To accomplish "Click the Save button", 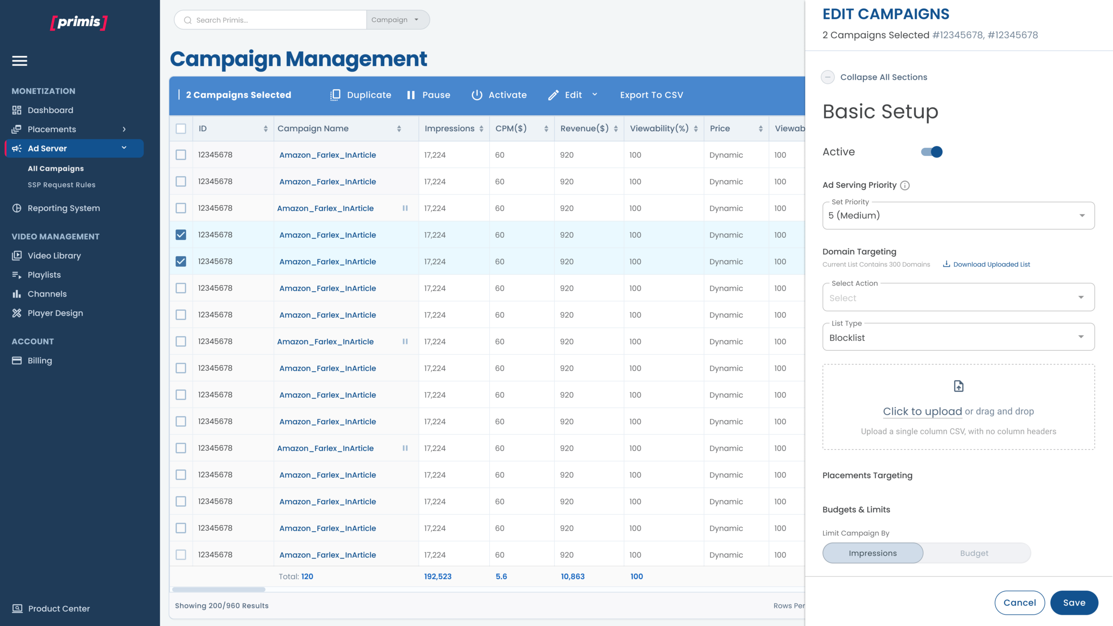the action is click(1074, 603).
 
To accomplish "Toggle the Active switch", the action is click(931, 152).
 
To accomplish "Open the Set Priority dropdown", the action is click(958, 216).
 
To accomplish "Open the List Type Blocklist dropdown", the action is click(958, 337).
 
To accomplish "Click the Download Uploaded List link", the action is click(986, 264).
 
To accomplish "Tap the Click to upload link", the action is click(922, 411).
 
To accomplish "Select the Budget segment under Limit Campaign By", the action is click(974, 553).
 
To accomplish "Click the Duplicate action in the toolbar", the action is click(361, 95).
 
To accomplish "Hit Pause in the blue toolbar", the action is click(429, 95).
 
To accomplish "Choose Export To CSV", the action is click(651, 95).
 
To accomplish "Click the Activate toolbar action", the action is click(499, 95).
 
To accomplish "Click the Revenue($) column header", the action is click(584, 129).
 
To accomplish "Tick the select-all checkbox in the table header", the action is click(181, 129).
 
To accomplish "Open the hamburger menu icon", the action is click(20, 61).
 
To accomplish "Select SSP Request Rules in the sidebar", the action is click(62, 185).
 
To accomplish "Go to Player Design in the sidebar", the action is click(55, 313).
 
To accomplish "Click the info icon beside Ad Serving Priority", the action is click(905, 186).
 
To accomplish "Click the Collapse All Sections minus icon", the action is click(828, 77).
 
